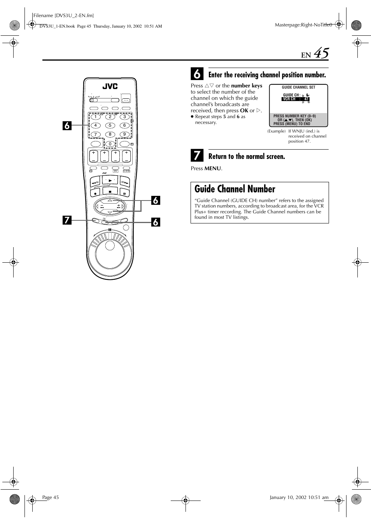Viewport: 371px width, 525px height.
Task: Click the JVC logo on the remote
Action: click(110, 86)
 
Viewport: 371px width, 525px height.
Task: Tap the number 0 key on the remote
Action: click(110, 144)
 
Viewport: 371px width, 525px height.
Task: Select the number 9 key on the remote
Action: click(124, 134)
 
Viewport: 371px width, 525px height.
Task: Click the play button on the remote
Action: click(110, 181)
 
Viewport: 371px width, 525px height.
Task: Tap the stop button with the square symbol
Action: click(110, 192)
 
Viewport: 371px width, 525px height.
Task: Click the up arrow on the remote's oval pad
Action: click(110, 201)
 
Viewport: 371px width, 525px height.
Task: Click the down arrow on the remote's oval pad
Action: click(110, 212)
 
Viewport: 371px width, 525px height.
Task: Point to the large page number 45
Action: click(321, 53)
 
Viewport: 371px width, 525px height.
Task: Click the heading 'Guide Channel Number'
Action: click(235, 189)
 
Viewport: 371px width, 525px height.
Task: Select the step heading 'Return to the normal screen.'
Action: click(247, 157)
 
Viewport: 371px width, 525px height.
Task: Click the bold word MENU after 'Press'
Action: click(213, 168)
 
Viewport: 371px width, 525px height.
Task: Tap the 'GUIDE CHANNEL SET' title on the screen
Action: click(298, 87)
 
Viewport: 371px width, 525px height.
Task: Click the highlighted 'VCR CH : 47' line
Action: click(296, 99)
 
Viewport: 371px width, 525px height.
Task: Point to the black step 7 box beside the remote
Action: click(67, 220)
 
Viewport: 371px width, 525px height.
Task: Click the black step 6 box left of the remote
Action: click(67, 125)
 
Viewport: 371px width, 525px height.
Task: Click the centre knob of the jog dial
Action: click(110, 246)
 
